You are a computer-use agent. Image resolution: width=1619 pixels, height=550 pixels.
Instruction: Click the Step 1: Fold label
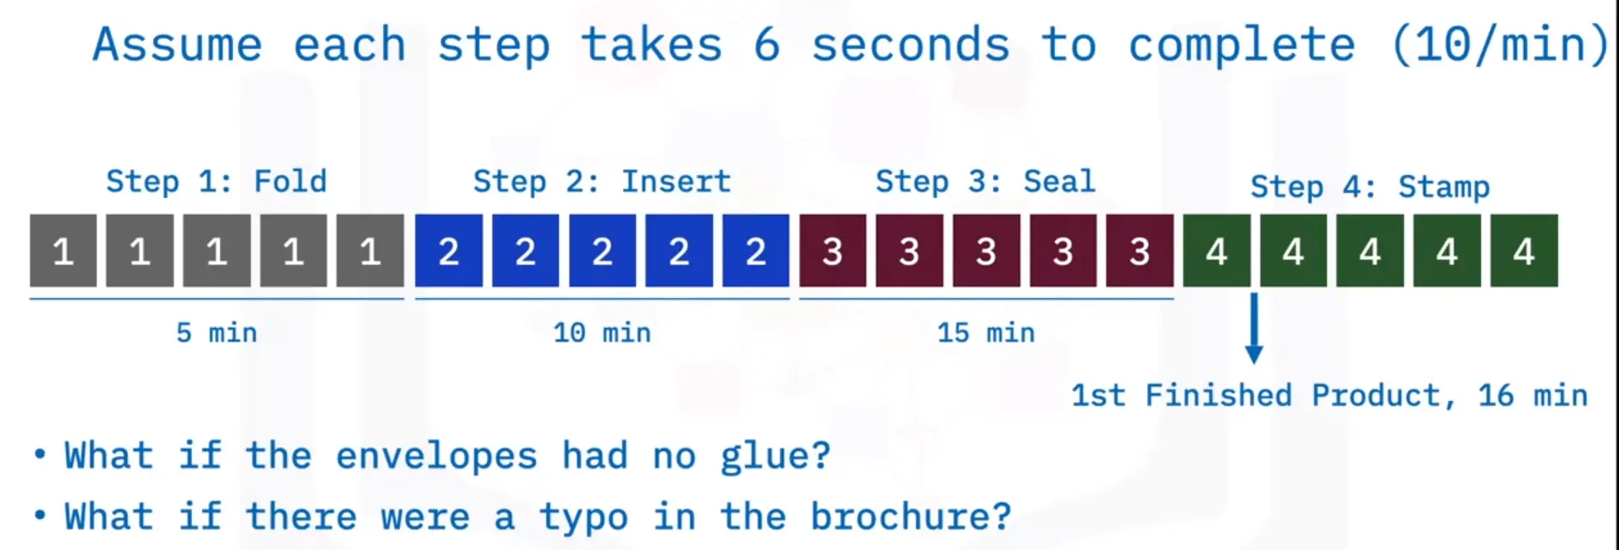tap(217, 182)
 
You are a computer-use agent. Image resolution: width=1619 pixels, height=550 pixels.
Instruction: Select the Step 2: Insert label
tap(602, 182)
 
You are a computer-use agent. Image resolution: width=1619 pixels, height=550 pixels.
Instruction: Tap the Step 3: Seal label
tap(985, 182)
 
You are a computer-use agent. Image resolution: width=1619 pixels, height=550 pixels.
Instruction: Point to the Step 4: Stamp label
tap(1370, 187)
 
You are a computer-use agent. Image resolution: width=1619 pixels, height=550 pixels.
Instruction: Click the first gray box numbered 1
tap(63, 250)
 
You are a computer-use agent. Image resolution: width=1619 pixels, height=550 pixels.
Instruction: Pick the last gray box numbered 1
tap(370, 250)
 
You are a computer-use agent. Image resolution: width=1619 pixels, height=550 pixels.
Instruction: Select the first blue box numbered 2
tap(449, 250)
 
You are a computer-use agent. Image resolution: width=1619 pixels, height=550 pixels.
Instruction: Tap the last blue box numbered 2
tap(755, 250)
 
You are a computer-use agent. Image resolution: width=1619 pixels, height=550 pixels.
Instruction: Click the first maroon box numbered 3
tap(832, 250)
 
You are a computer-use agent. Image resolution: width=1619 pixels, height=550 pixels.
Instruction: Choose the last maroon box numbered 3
tap(1140, 250)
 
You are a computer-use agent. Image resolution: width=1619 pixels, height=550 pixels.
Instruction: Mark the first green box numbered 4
tap(1217, 250)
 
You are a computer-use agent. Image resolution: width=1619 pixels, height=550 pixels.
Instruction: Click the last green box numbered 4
tap(1524, 250)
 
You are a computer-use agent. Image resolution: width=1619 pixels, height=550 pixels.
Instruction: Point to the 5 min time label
tap(217, 332)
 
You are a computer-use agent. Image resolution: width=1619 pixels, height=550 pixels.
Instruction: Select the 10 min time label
tap(602, 332)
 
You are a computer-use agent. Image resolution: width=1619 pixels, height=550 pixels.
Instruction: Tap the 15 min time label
tap(985, 332)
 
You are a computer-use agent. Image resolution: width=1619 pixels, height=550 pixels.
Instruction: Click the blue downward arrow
tap(1254, 329)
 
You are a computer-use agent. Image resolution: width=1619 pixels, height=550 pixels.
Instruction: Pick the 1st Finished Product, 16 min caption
tap(1330, 395)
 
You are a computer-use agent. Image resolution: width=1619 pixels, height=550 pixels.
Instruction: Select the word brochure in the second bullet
tap(911, 517)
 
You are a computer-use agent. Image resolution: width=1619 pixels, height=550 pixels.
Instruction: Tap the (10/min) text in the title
tap(1501, 45)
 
